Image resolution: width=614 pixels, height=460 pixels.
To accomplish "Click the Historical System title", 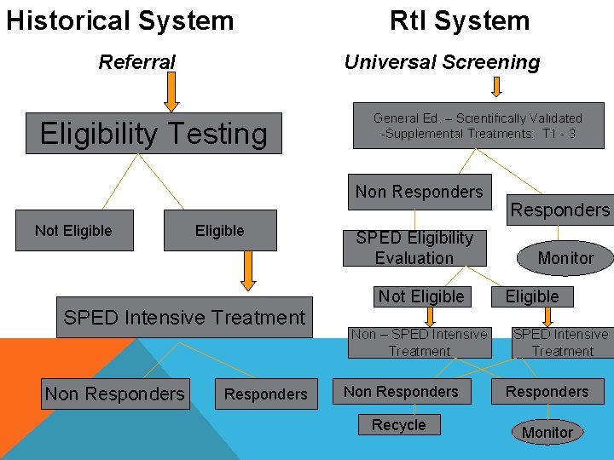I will (x=119, y=20).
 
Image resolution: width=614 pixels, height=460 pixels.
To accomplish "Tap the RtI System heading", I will (x=459, y=20).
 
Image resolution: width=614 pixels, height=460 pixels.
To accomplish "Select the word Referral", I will (x=137, y=62).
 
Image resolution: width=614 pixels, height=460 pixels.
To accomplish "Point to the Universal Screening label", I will (x=442, y=62).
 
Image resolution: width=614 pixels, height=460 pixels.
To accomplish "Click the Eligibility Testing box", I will (x=153, y=134).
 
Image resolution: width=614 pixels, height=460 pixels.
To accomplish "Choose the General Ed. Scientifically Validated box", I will (x=478, y=126).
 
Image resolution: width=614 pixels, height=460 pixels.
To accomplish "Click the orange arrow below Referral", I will (x=171, y=92).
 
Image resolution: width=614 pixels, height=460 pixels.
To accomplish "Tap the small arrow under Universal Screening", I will (x=497, y=86).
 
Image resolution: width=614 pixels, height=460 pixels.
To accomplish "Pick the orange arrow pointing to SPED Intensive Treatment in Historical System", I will (x=248, y=271).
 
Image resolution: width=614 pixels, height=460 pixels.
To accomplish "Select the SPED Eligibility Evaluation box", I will (x=414, y=248).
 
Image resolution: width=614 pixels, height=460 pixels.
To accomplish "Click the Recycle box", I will (x=399, y=425).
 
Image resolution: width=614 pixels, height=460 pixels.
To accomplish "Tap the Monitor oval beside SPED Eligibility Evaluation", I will (x=565, y=258).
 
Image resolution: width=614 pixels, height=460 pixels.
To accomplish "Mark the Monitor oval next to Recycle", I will (x=547, y=432).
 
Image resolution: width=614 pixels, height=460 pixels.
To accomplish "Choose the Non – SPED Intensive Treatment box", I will (x=420, y=342).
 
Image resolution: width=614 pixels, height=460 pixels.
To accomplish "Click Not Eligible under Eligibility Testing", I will (x=73, y=231).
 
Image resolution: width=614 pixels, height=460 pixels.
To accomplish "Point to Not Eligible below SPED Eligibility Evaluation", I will (x=421, y=296).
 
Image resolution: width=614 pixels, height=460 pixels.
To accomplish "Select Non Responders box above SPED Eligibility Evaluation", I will (x=419, y=193).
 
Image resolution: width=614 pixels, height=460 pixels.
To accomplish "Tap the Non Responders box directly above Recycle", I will (x=401, y=392).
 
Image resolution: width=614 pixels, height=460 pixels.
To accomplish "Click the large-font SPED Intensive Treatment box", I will (x=184, y=318).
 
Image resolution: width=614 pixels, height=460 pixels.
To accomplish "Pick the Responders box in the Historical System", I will (x=265, y=394).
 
